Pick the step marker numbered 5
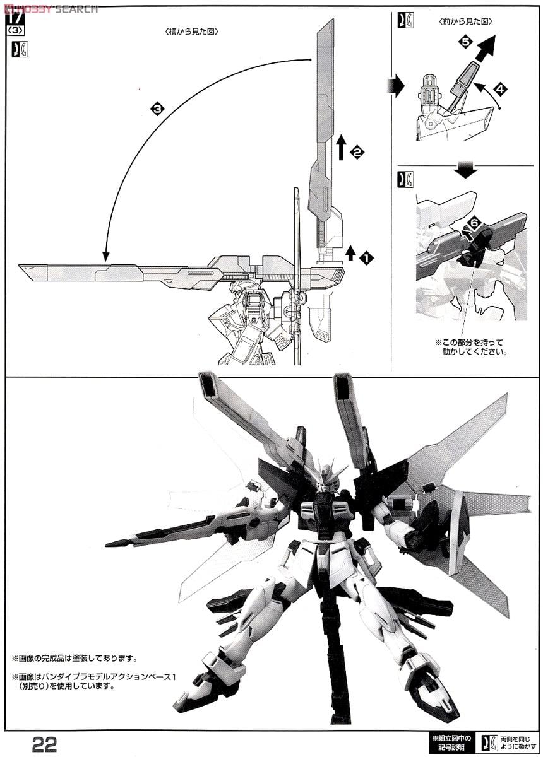coord(465,42)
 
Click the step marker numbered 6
coord(474,222)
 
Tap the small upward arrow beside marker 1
coord(350,253)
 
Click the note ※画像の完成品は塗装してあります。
coord(74,659)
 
